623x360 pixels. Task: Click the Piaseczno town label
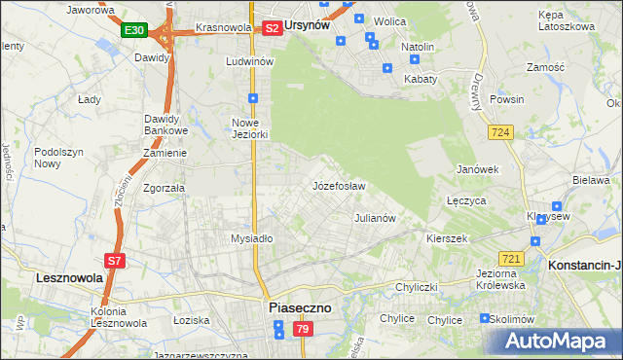tap(299, 307)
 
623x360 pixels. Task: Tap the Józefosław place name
tap(338, 185)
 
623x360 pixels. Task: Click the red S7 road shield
tap(114, 260)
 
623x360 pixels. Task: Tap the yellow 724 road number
tap(501, 131)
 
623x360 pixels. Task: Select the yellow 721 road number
tap(511, 258)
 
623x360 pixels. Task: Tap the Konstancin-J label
tap(585, 265)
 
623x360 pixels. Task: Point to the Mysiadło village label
tap(251, 238)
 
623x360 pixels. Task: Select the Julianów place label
tap(374, 218)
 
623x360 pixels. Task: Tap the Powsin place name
tap(507, 99)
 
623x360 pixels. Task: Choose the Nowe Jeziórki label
tap(248, 128)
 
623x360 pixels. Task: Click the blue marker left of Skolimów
tap(485, 318)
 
